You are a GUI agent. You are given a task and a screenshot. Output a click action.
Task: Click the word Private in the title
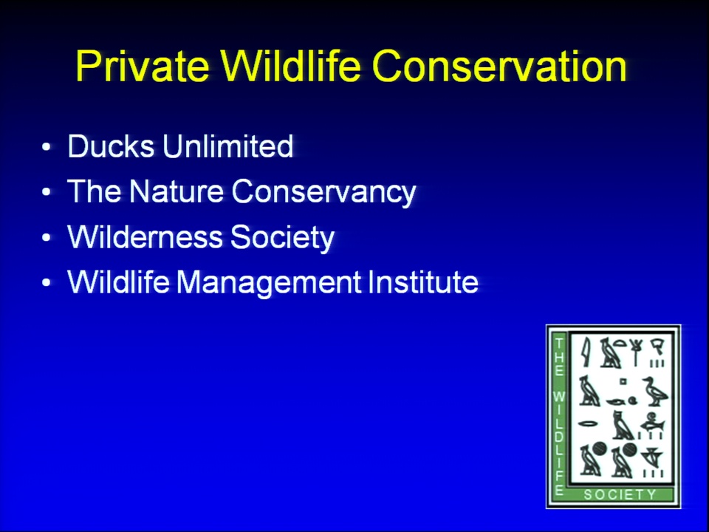tap(143, 66)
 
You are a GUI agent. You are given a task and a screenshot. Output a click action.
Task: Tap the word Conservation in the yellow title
tap(499, 66)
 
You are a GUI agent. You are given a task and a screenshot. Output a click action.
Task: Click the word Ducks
tap(111, 146)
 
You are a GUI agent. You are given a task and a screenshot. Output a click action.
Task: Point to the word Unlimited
tap(228, 146)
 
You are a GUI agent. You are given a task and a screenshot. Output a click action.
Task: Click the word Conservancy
tap(323, 192)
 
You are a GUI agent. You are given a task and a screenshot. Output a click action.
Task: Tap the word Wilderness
tap(145, 236)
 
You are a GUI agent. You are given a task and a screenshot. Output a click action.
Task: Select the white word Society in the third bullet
tap(282, 237)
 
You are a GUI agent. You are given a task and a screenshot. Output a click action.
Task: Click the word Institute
tap(423, 282)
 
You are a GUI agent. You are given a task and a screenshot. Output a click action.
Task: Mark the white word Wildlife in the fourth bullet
tap(118, 282)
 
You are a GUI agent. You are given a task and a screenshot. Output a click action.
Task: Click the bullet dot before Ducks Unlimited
tap(47, 147)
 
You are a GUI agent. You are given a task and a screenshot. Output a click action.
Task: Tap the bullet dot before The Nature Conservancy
tap(47, 192)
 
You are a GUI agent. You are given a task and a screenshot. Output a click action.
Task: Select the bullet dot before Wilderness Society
tap(47, 237)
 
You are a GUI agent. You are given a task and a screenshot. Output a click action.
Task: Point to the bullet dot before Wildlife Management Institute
tap(47, 282)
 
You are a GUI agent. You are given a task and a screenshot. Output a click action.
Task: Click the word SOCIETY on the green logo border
tap(620, 494)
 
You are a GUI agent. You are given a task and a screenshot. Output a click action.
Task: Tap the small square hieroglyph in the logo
tap(623, 381)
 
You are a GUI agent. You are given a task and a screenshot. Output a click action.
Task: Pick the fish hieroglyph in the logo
tap(653, 425)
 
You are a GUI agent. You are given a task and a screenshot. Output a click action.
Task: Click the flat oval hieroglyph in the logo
tap(589, 424)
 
